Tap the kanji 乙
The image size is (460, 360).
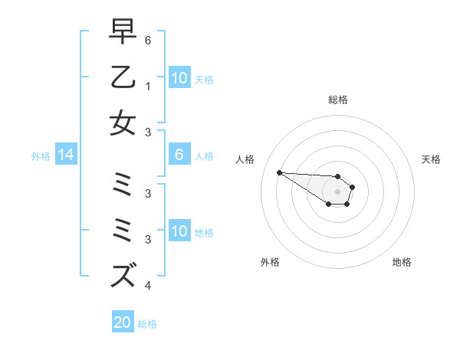pyautogui.click(x=123, y=77)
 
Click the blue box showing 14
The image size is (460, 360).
pyautogui.click(x=66, y=155)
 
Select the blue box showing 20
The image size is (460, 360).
pyautogui.click(x=123, y=322)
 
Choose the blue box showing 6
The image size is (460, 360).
pyautogui.click(x=179, y=155)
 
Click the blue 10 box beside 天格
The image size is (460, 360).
pyautogui.click(x=179, y=78)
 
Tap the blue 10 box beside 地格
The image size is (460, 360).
pyautogui.click(x=179, y=231)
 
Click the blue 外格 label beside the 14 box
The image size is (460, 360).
pyautogui.click(x=41, y=156)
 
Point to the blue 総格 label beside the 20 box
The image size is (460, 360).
pyautogui.click(x=147, y=323)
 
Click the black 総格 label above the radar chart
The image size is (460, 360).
pyautogui.click(x=337, y=100)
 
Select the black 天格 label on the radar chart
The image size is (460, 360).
pyautogui.click(x=431, y=159)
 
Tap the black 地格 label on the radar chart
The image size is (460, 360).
pyautogui.click(x=402, y=262)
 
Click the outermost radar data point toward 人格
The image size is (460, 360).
pyautogui.click(x=279, y=172)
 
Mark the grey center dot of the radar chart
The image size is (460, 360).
pyautogui.click(x=337, y=191)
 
